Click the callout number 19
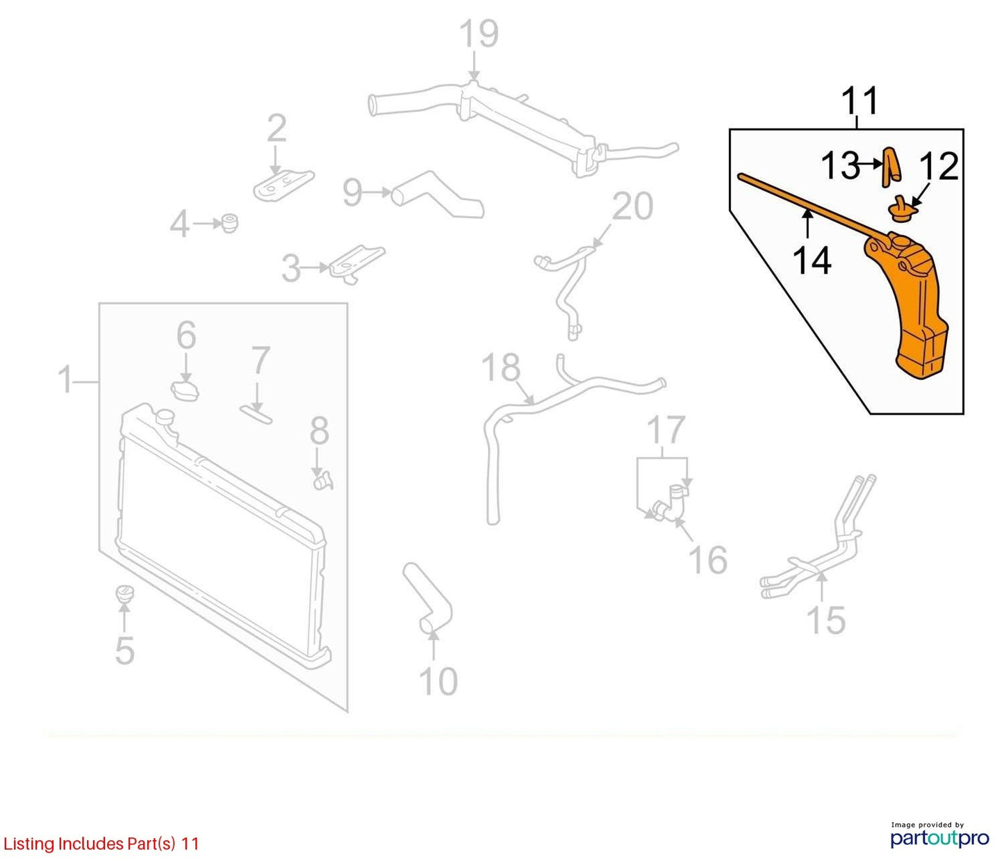click(479, 34)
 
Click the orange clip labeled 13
click(891, 167)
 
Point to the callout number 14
click(812, 261)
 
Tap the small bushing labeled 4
click(230, 223)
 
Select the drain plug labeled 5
click(125, 594)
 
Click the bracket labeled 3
click(356, 263)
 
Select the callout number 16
click(708, 559)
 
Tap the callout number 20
click(632, 206)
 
